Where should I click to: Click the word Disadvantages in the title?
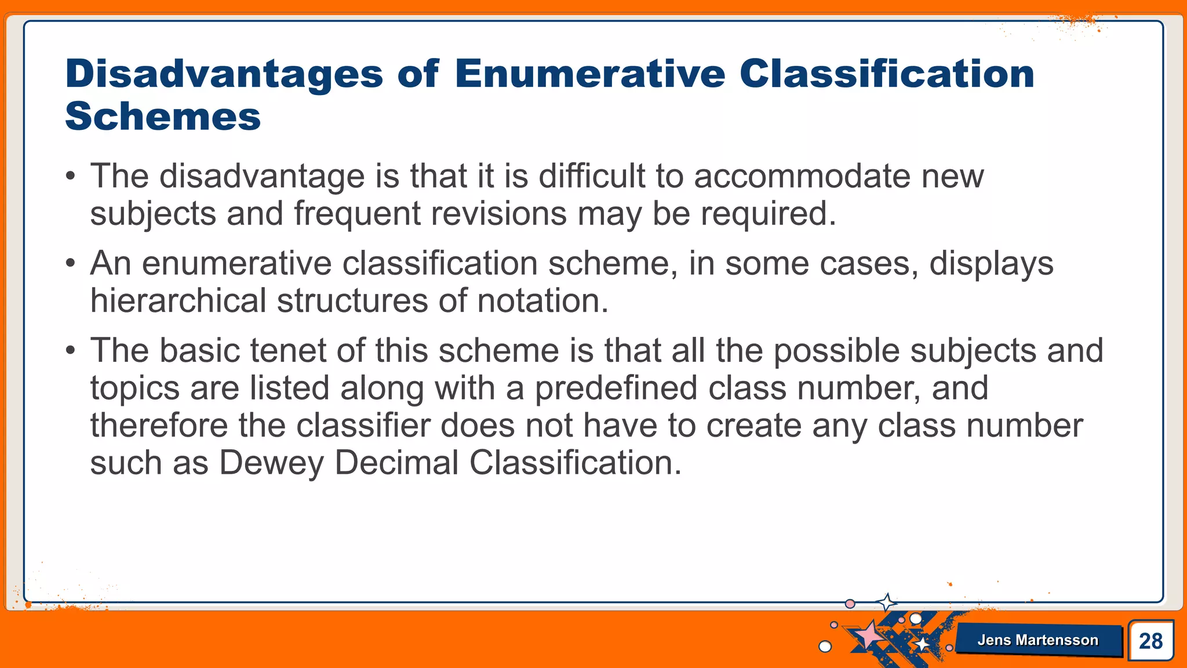[x=224, y=74]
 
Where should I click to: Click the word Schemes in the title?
[x=163, y=117]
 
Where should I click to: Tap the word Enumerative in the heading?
[x=589, y=74]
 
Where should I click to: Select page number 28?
[x=1150, y=641]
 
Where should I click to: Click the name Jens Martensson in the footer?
[x=1037, y=640]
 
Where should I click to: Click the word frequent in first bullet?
[x=356, y=213]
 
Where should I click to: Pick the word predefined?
[x=616, y=388]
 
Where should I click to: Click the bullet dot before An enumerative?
[x=70, y=264]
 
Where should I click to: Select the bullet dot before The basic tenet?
[x=70, y=351]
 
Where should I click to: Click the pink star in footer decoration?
[x=868, y=635]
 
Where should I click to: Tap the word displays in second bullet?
[x=991, y=264]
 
